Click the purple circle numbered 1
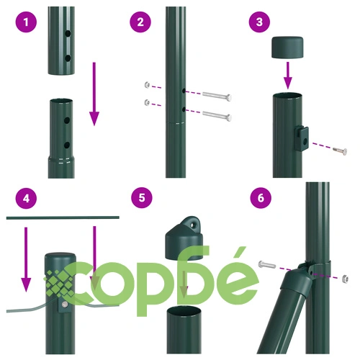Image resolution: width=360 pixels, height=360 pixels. point(26,22)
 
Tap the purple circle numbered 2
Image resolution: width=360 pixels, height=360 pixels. point(140,22)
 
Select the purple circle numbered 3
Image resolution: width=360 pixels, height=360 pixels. point(259,22)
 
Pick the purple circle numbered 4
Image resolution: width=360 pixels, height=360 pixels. point(26,198)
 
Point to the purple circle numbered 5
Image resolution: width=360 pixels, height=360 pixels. point(142,198)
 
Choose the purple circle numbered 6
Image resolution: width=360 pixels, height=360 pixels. point(261,198)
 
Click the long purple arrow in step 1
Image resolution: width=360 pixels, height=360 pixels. point(94,94)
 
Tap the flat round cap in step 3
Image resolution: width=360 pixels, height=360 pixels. point(287,48)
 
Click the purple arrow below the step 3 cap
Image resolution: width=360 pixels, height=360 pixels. point(288,76)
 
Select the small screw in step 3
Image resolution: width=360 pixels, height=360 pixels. point(340,151)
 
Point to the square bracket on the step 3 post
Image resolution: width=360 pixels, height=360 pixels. point(302,138)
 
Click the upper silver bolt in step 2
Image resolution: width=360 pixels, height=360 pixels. point(217,96)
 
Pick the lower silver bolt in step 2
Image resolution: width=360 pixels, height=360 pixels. point(217,115)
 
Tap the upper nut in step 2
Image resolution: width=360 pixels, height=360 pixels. point(148,85)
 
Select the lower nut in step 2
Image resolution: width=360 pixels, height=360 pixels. point(147,103)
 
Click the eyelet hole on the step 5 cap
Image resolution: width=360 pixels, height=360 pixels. point(192,225)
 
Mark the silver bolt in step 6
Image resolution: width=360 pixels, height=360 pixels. point(267,265)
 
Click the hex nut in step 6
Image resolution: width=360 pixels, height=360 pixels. point(345,279)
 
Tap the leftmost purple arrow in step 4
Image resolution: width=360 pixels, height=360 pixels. point(26,259)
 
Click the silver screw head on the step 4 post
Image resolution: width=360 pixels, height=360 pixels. point(64,305)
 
